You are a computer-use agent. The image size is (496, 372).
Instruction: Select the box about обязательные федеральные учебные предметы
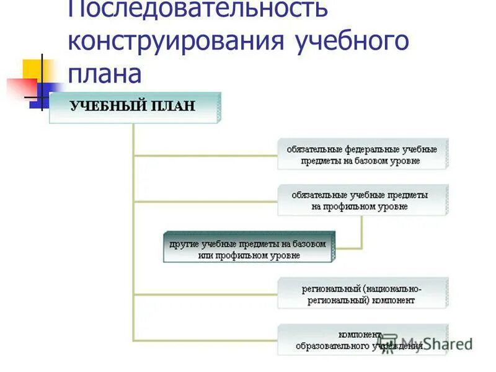pyautogui.click(x=362, y=154)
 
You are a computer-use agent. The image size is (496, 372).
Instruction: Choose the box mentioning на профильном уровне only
pyautogui.click(x=362, y=200)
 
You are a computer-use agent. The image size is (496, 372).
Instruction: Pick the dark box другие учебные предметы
pyautogui.click(x=249, y=247)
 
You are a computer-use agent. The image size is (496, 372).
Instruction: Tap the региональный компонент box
pyautogui.click(x=362, y=293)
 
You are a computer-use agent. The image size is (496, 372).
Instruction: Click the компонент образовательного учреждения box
pyautogui.click(x=362, y=339)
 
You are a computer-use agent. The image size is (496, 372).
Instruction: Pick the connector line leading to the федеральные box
pyautogui.click(x=205, y=155)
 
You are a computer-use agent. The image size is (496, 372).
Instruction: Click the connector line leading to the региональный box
pyautogui.click(x=205, y=294)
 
